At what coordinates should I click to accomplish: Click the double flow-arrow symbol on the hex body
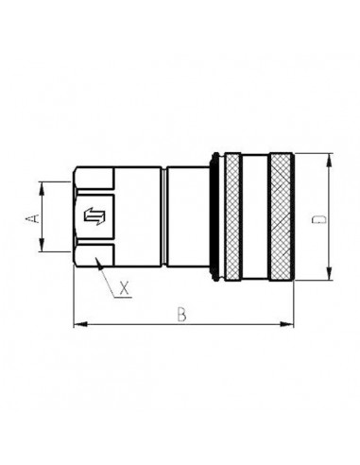tap(94, 218)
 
